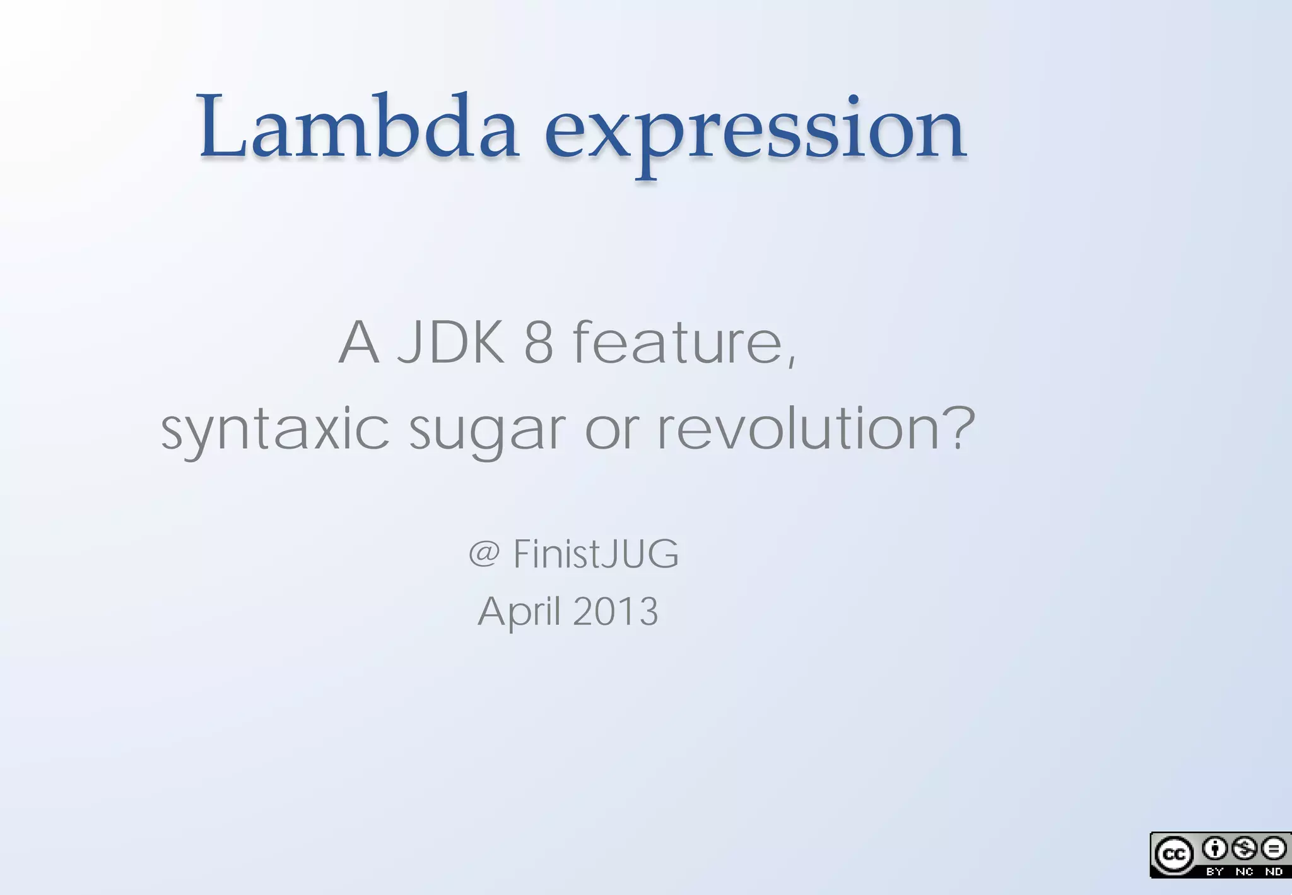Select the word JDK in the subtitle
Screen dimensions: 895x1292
click(x=451, y=343)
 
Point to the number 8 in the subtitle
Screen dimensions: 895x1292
click(x=539, y=343)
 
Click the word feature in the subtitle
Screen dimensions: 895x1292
click(x=678, y=343)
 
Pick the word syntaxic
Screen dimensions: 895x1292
click(x=275, y=430)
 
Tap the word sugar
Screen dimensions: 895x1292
click(x=487, y=432)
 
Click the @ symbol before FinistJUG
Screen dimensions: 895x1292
click(x=484, y=554)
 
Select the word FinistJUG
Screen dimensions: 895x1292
click(x=596, y=554)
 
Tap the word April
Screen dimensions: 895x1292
click(x=519, y=612)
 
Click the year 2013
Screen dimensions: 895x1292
click(x=616, y=612)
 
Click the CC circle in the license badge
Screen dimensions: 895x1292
click(x=1173, y=855)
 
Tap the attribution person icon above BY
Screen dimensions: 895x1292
click(x=1214, y=849)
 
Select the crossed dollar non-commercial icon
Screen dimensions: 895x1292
click(x=1244, y=849)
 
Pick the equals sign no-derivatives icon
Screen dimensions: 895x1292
click(x=1274, y=849)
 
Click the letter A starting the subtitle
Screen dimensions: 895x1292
click(x=359, y=343)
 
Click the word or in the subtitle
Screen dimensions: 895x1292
click(x=611, y=430)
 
